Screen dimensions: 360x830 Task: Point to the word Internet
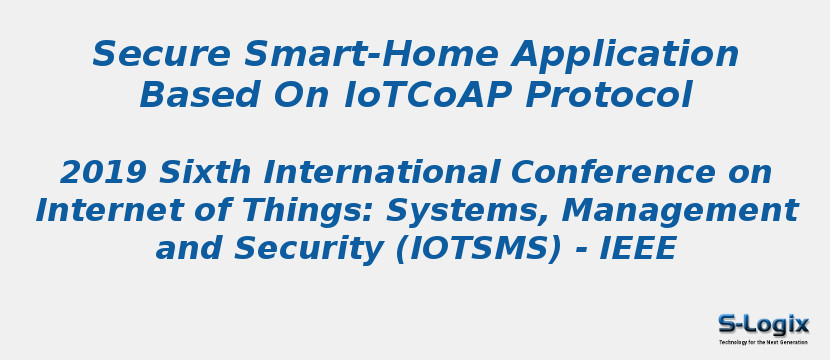pos(106,211)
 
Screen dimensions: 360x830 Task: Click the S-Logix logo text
pos(763,324)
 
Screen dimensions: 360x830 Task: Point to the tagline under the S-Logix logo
pos(763,342)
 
